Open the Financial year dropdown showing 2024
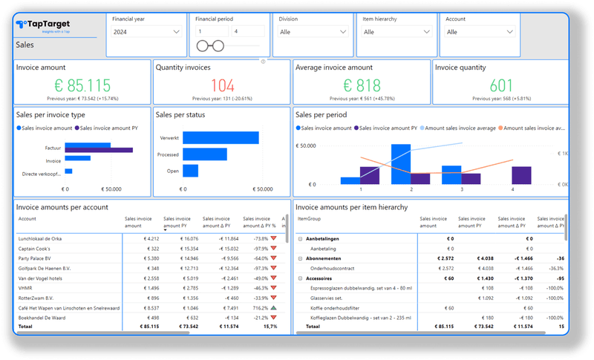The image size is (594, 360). [146, 32]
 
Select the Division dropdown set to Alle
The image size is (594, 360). [312, 32]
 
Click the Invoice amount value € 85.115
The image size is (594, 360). [78, 85]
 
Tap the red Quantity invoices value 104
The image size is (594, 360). [222, 85]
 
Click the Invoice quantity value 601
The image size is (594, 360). [502, 85]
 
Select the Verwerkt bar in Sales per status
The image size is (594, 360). [221, 137]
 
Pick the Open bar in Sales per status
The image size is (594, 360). [191, 171]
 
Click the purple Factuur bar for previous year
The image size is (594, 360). [99, 150]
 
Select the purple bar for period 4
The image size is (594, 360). [522, 175]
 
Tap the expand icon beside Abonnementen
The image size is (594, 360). [300, 258]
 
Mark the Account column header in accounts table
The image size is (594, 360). [27, 219]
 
